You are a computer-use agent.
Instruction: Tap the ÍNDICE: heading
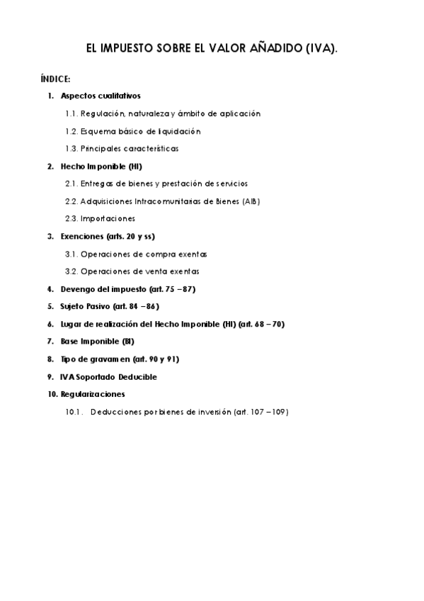pyautogui.click(x=55, y=78)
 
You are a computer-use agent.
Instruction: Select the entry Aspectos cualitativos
pyautogui.click(x=101, y=96)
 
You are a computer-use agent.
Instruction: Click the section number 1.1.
pyautogui.click(x=71, y=113)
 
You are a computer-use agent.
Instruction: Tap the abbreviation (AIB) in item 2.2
pyautogui.click(x=251, y=201)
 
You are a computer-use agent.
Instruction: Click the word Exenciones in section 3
pyautogui.click(x=82, y=236)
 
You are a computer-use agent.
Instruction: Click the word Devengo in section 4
pyautogui.click(x=78, y=289)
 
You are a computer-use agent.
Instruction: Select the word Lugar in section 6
pyautogui.click(x=70, y=324)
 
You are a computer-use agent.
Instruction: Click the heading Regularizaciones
pyautogui.click(x=93, y=394)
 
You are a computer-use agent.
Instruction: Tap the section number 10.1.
pyautogui.click(x=74, y=412)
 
